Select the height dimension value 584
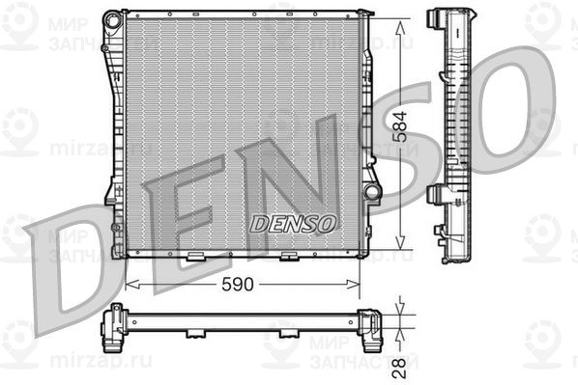click(x=407, y=134)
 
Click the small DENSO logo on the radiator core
click(x=293, y=223)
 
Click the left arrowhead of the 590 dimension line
click(x=131, y=286)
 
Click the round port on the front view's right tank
click(x=372, y=192)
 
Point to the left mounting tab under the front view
click(x=196, y=258)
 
